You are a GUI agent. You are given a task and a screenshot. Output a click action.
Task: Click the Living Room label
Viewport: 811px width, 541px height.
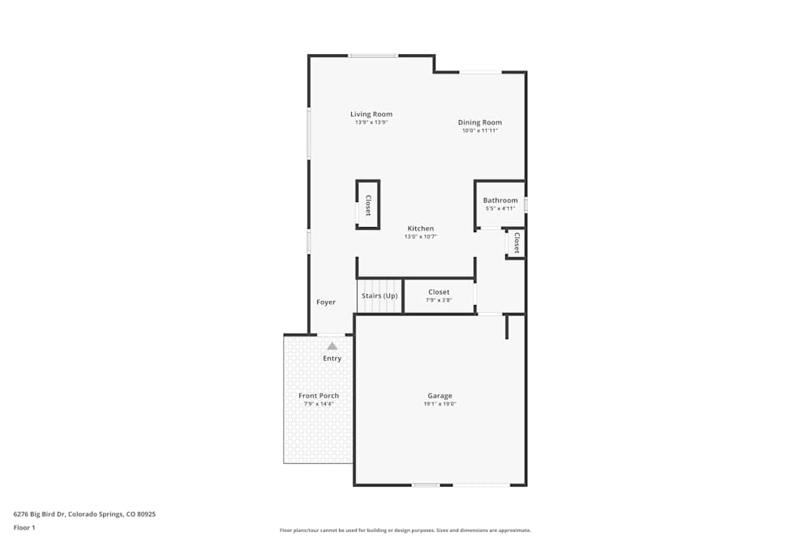point(371,114)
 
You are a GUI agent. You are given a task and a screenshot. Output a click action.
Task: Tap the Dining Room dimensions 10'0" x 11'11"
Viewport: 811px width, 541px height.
point(480,131)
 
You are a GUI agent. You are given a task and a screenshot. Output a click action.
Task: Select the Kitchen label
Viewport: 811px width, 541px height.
point(420,229)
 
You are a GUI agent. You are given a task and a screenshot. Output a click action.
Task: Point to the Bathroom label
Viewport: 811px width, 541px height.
point(500,200)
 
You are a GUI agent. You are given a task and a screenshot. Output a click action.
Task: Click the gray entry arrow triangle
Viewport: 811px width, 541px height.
point(332,346)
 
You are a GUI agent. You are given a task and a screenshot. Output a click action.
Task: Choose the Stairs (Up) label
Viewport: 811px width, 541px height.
point(380,296)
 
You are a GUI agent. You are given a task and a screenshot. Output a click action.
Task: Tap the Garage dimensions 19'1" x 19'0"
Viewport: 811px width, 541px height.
point(440,404)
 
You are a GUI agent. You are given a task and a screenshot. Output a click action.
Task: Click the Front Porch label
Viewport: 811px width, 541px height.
point(319,396)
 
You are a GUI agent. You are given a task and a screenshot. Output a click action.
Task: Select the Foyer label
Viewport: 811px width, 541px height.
point(326,303)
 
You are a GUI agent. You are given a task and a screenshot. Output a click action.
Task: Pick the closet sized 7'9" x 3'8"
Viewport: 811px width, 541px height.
point(439,296)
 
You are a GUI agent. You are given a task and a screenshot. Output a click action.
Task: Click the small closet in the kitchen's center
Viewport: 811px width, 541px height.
point(367,205)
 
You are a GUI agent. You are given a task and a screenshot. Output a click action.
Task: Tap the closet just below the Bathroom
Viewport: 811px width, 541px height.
point(516,243)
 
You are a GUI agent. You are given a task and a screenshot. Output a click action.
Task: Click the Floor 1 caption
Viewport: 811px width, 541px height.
point(24,527)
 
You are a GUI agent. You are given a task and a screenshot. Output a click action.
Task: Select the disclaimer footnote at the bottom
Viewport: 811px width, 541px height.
point(405,530)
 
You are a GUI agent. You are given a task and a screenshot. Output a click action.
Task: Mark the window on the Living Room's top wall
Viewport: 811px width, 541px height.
point(373,55)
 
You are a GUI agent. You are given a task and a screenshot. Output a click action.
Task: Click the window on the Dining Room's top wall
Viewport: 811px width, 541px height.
point(480,72)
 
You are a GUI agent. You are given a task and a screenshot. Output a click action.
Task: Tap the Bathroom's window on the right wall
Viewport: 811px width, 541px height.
point(526,204)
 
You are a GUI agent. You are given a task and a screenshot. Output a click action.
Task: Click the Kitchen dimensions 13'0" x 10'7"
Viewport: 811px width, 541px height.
point(420,237)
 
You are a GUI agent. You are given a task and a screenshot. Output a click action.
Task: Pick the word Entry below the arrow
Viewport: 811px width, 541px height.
point(333,359)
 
